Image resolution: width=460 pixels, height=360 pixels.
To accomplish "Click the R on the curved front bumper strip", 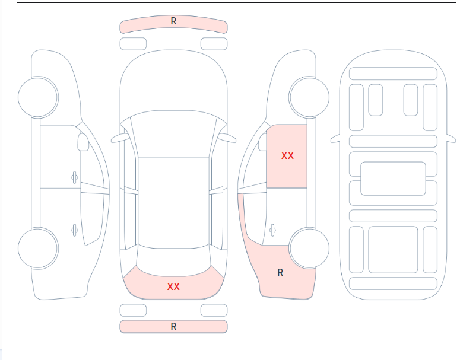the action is (x=173, y=21).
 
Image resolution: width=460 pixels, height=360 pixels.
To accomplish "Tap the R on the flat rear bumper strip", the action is (x=173, y=326).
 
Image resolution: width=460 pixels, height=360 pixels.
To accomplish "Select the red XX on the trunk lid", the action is (x=173, y=286).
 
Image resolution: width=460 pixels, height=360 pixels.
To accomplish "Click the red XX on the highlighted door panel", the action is (x=287, y=155).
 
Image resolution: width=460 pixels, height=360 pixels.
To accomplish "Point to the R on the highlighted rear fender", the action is (x=280, y=273).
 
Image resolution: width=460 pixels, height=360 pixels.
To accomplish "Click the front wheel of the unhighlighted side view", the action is (x=38, y=97).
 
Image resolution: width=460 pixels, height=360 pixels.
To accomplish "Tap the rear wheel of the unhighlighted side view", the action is (x=38, y=249).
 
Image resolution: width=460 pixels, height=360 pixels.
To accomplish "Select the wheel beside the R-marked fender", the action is (x=309, y=249).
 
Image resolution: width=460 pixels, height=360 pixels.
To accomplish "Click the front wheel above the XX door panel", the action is (x=309, y=97).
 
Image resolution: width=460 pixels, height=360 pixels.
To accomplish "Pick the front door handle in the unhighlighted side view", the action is (x=75, y=177).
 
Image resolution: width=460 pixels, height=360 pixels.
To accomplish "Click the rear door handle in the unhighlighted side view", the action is (x=75, y=230).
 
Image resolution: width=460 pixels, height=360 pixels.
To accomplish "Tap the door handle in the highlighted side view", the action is (x=272, y=230).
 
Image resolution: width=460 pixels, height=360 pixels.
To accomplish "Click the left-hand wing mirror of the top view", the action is (x=120, y=138).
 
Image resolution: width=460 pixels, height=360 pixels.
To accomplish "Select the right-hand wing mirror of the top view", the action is (x=227, y=138).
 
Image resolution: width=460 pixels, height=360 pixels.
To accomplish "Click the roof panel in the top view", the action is (x=173, y=202).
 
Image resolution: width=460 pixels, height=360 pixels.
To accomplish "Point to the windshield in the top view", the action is (x=173, y=134).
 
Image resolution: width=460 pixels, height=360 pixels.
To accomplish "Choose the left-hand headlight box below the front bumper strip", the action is (x=133, y=44).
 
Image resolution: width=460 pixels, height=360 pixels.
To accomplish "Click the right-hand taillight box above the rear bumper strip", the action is (x=214, y=310).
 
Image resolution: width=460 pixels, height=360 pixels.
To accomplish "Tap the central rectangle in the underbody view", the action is (x=393, y=179).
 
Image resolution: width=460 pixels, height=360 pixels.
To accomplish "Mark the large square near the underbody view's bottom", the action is (x=393, y=250).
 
